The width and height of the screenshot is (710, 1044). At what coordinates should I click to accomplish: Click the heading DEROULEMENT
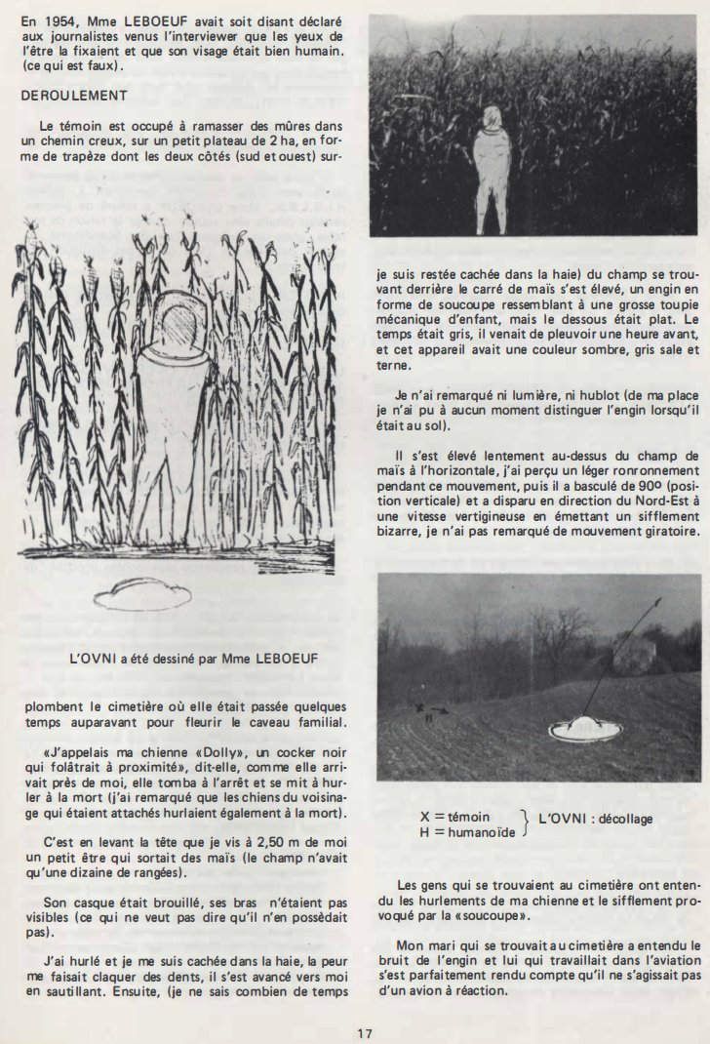point(73,96)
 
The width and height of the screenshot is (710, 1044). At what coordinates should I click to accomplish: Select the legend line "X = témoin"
point(454,816)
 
